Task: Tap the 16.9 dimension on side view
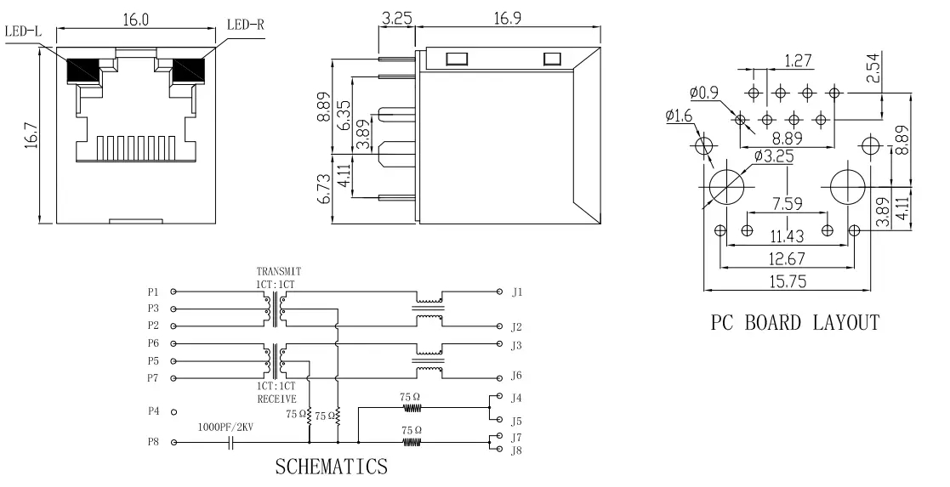coord(509,19)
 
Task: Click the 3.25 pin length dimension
coord(398,19)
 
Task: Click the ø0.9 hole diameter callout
coord(704,92)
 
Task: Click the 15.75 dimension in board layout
coord(786,280)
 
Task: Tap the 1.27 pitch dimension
coord(797,60)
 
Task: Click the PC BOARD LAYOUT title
coord(794,322)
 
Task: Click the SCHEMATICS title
coord(331,467)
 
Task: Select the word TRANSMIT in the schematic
coord(279,272)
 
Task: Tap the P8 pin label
coord(153,442)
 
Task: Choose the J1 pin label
coord(516,292)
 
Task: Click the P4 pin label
coord(153,411)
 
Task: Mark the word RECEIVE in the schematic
coord(276,397)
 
